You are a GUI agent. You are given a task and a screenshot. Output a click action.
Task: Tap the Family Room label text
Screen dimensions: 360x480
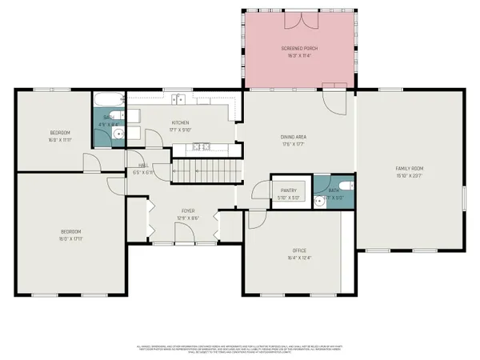(408, 171)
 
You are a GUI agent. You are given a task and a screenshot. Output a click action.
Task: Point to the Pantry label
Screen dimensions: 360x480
(288, 194)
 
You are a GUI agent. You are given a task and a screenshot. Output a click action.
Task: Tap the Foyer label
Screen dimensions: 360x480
(187, 214)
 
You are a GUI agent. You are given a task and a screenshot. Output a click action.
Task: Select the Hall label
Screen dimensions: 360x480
(142, 169)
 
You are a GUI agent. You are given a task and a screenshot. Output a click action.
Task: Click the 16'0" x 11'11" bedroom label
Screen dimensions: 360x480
(60, 136)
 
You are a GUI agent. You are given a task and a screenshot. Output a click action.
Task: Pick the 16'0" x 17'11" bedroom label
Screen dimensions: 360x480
(70, 235)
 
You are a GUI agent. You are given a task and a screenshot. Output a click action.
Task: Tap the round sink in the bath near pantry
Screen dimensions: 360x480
(319, 201)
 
